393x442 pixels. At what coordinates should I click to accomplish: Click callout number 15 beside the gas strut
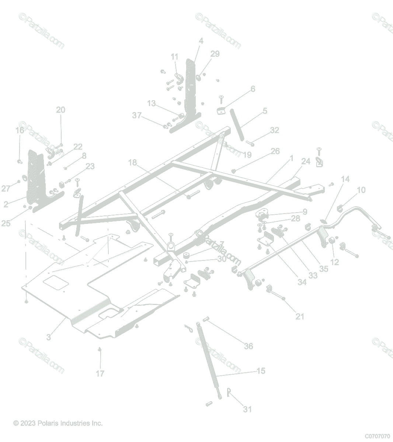261,371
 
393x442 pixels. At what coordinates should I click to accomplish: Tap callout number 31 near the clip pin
247,409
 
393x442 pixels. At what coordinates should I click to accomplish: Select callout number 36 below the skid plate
248,346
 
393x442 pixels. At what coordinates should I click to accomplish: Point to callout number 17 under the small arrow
100,373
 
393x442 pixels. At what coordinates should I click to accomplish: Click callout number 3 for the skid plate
49,337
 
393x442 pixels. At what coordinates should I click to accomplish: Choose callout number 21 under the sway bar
300,316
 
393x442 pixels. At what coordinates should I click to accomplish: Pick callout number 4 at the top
201,41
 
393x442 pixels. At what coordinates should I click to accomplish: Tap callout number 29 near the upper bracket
215,54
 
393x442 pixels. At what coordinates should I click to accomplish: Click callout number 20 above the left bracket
60,110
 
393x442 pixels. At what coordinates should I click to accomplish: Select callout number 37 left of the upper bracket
137,116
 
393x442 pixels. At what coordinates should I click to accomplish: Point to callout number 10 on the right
361,190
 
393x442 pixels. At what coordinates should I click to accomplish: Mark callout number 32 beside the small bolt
274,130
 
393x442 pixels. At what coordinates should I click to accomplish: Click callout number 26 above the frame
275,151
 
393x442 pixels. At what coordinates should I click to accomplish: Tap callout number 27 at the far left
6,189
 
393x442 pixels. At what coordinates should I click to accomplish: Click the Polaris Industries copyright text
58,423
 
